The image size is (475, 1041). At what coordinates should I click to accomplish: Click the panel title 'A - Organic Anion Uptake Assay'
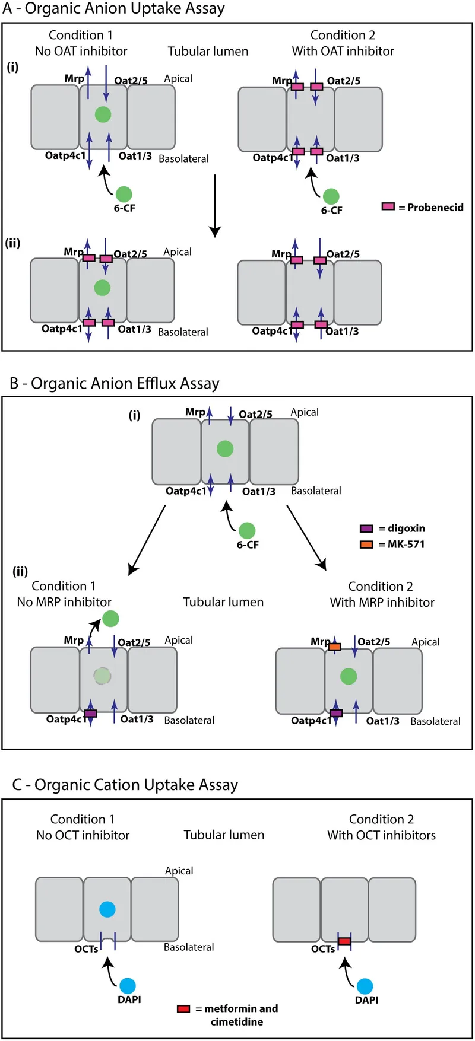[x=113, y=9]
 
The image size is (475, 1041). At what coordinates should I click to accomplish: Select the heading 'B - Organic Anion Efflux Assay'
[x=115, y=383]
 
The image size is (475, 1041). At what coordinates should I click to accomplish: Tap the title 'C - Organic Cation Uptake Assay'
[x=125, y=785]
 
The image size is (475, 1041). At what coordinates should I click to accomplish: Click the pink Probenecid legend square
[x=388, y=206]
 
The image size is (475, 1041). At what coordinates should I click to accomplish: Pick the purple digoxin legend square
[x=366, y=528]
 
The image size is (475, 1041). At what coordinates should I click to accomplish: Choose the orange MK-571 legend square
[x=366, y=544]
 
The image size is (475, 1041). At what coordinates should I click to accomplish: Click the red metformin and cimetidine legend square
[x=183, y=1008]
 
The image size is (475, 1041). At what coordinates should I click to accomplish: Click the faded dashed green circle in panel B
[x=102, y=676]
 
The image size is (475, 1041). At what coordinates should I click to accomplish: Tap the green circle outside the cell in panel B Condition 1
[x=110, y=619]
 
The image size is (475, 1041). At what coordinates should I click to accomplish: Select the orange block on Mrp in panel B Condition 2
[x=335, y=647]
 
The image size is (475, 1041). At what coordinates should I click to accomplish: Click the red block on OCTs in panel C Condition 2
[x=344, y=941]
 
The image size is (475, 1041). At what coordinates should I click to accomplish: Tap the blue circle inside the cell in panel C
[x=107, y=909]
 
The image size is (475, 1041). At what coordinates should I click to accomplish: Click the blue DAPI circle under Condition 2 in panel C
[x=365, y=986]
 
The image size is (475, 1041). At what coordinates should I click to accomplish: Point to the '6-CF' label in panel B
[x=248, y=545]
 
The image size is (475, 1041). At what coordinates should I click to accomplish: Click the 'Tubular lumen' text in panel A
[x=208, y=52]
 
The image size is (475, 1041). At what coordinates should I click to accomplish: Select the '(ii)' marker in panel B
[x=20, y=571]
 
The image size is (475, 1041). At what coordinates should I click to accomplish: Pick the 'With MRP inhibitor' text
[x=382, y=602]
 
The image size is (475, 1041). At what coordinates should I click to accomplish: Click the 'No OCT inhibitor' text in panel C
[x=83, y=835]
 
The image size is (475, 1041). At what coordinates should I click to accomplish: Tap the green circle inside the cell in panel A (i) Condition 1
[x=103, y=114]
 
